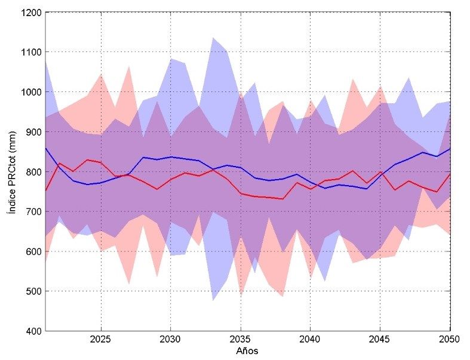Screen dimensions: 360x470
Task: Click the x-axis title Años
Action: [246, 351]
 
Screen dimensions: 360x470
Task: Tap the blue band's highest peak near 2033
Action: [213, 38]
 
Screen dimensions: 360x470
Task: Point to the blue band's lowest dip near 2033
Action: [213, 300]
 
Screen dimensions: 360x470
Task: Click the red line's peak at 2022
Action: [59, 163]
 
